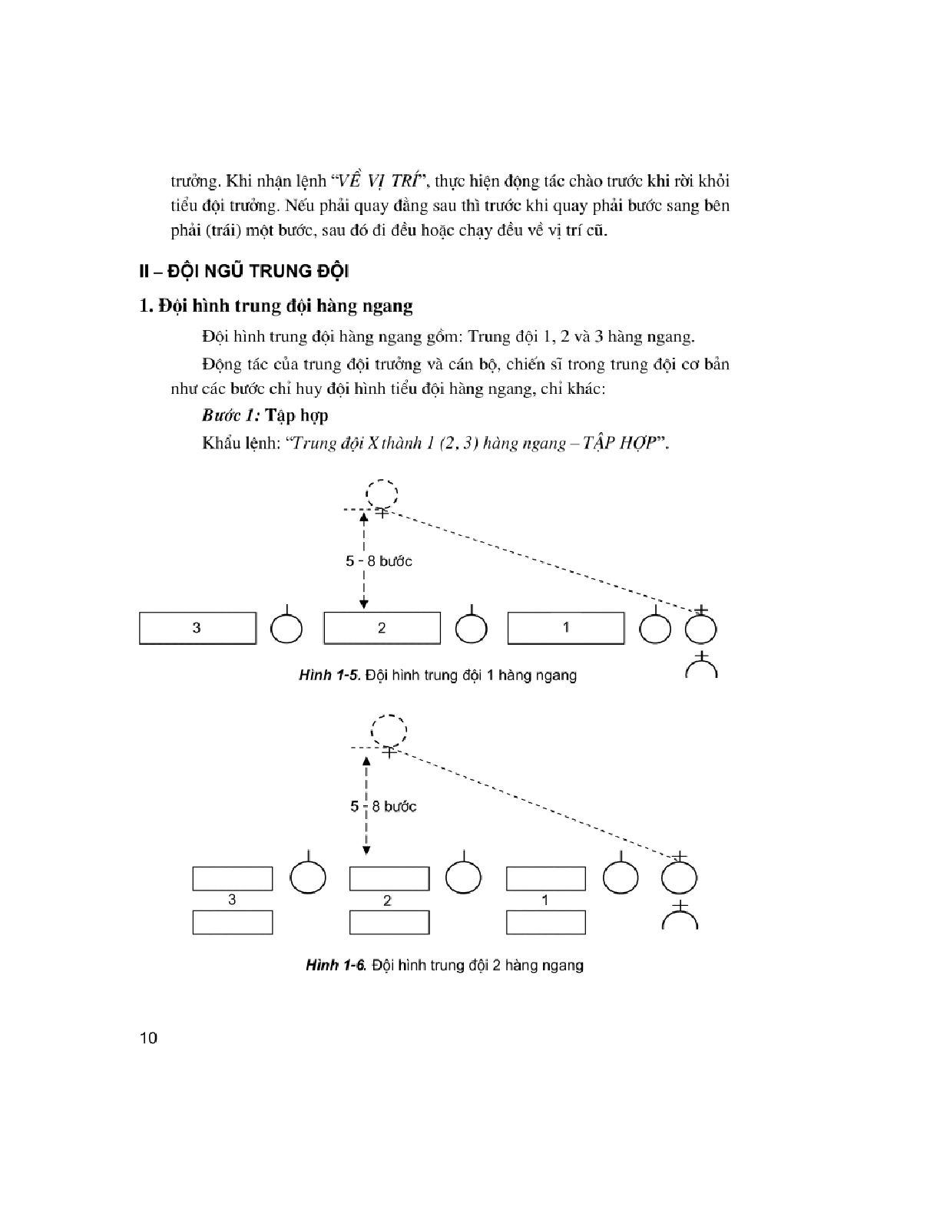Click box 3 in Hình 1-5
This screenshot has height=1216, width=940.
pyautogui.click(x=197, y=628)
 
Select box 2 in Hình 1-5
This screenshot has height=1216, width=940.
pyautogui.click(x=382, y=628)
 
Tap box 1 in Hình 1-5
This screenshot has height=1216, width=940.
pyautogui.click(x=566, y=628)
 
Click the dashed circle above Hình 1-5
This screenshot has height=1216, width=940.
pyautogui.click(x=382, y=493)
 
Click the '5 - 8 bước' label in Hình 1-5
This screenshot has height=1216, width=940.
pyautogui.click(x=379, y=561)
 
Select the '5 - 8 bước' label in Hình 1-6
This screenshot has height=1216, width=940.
pyautogui.click(x=384, y=807)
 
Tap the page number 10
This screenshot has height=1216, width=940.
pyautogui.click(x=149, y=1039)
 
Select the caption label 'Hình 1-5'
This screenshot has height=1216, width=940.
pyautogui.click(x=329, y=676)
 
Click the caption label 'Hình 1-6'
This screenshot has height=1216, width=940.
pyautogui.click(x=336, y=966)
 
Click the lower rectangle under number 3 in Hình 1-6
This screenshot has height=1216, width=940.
pyautogui.click(x=232, y=922)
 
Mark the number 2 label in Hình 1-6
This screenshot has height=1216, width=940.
pyautogui.click(x=387, y=900)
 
